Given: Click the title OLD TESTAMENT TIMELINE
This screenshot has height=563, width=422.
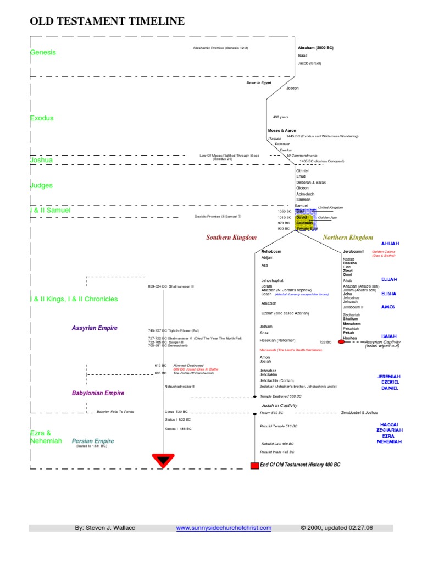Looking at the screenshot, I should (107, 21).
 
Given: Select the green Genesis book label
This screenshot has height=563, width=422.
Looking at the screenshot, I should (43, 53).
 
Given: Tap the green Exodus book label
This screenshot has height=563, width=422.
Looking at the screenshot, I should (42, 118).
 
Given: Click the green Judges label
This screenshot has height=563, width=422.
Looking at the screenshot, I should (41, 186).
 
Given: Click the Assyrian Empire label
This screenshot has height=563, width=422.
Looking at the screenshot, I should (95, 328).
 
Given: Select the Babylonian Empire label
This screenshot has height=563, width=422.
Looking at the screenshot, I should (98, 393).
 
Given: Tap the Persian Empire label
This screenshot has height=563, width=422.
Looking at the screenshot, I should (93, 441).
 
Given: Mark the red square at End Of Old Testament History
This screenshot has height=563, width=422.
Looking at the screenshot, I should (254, 466).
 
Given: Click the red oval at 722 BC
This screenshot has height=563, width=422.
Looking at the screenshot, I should (341, 342).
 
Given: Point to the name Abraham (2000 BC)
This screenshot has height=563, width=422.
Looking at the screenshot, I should (315, 48).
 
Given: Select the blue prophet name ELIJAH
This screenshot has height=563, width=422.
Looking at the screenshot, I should (389, 279).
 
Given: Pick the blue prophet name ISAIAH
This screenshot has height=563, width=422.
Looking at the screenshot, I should (389, 335).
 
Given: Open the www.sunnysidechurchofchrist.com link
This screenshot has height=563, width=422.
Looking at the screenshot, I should (224, 528).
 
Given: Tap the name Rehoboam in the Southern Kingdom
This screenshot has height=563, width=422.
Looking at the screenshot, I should (271, 251).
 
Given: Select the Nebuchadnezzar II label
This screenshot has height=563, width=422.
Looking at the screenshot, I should (179, 387).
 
